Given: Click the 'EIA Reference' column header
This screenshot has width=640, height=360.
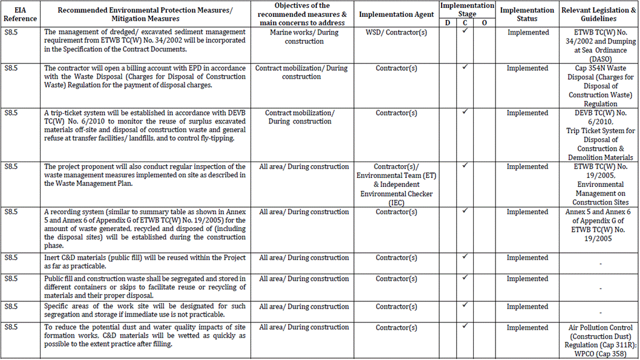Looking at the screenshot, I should [x=20, y=14].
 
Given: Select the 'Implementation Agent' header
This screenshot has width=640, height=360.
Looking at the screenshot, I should [x=396, y=14].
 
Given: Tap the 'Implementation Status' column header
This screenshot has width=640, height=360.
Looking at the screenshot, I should [x=527, y=14].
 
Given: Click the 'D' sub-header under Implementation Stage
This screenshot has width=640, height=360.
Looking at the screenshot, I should [x=447, y=22].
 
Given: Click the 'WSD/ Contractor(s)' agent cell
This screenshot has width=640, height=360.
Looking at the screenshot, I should [x=396, y=33].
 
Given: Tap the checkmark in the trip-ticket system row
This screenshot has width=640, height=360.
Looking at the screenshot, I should [x=465, y=113].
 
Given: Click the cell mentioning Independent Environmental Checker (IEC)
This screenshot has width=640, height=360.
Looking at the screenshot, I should [x=396, y=185].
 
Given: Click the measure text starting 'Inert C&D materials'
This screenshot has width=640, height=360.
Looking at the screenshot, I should [x=145, y=262].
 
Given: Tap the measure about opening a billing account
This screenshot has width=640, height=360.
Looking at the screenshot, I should [x=145, y=77].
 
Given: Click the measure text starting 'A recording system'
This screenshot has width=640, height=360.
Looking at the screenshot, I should [x=145, y=224].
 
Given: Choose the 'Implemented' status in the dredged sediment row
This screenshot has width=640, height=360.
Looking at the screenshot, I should [x=527, y=33].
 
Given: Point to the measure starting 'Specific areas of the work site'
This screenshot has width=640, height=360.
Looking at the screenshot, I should [x=145, y=311].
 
